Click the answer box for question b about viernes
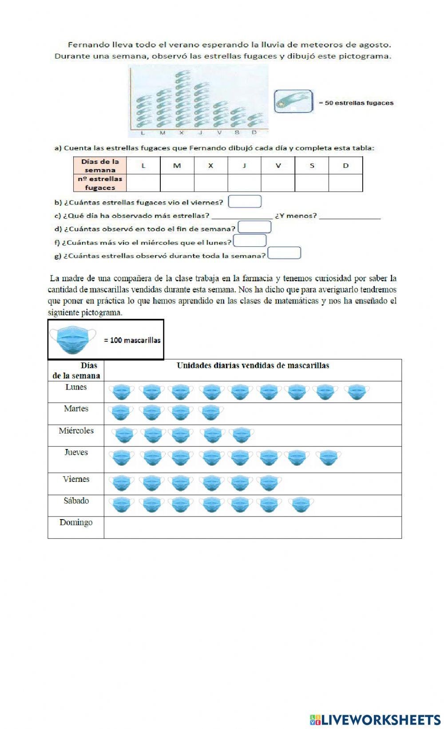pyautogui.click(x=245, y=202)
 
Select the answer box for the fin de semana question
pyautogui.click(x=254, y=228)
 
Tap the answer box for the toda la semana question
pyautogui.click(x=285, y=253)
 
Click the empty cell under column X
pyautogui.click(x=211, y=183)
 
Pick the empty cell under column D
pyautogui.click(x=345, y=183)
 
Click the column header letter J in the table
pyautogui.click(x=244, y=166)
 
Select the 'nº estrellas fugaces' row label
pyautogui.click(x=100, y=183)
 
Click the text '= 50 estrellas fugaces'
pyautogui.click(x=356, y=103)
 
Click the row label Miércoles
pyautogui.click(x=76, y=431)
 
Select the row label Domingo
pyautogui.click(x=76, y=523)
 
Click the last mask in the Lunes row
pyautogui.click(x=357, y=392)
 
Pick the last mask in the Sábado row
pyautogui.click(x=301, y=505)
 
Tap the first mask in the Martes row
pyautogui.click(x=121, y=413)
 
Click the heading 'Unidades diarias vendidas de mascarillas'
pyautogui.click(x=253, y=366)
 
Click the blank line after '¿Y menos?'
pyautogui.click(x=350, y=216)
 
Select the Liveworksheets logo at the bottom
pyautogui.click(x=375, y=719)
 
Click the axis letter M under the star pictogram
pyautogui.click(x=162, y=133)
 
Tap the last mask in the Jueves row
pyautogui.click(x=329, y=457)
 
